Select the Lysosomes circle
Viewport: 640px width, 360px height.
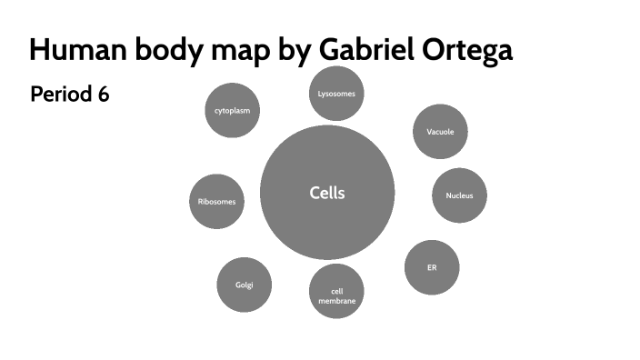pos(336,93)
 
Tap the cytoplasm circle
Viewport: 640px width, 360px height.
pos(232,111)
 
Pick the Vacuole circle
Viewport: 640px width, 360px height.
pos(440,132)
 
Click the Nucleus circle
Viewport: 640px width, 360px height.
pos(459,195)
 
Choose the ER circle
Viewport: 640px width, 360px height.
pos(432,267)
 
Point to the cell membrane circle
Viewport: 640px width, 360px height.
pos(336,291)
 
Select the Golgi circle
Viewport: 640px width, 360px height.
pos(245,285)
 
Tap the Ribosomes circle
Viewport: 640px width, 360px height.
pos(217,201)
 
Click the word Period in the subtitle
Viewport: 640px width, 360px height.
pos(56,95)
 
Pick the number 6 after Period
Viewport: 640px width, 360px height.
pos(104,95)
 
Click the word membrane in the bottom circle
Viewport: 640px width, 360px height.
pos(336,300)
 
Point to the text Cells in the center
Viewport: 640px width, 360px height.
pos(327,193)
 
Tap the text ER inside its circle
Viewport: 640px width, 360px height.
pos(432,268)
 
